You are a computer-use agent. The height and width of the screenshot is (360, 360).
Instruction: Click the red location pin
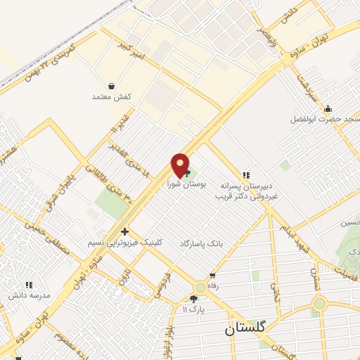pyautogui.click(x=181, y=165)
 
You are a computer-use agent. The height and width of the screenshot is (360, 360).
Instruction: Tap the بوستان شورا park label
pyautogui.click(x=184, y=184)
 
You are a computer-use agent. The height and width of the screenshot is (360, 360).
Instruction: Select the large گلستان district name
pyautogui.click(x=245, y=328)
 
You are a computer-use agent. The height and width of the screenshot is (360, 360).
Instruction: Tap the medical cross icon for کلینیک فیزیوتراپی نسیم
pyautogui.click(x=124, y=231)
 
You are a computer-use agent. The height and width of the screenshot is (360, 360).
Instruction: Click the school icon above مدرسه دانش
pyautogui.click(x=29, y=285)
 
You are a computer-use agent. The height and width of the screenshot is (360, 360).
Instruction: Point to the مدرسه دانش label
pyautogui.click(x=29, y=297)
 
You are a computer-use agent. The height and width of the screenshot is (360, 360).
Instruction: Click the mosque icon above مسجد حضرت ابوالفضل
pyautogui.click(x=328, y=108)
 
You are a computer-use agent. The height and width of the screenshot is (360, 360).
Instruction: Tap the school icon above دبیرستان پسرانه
pyautogui.click(x=245, y=174)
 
